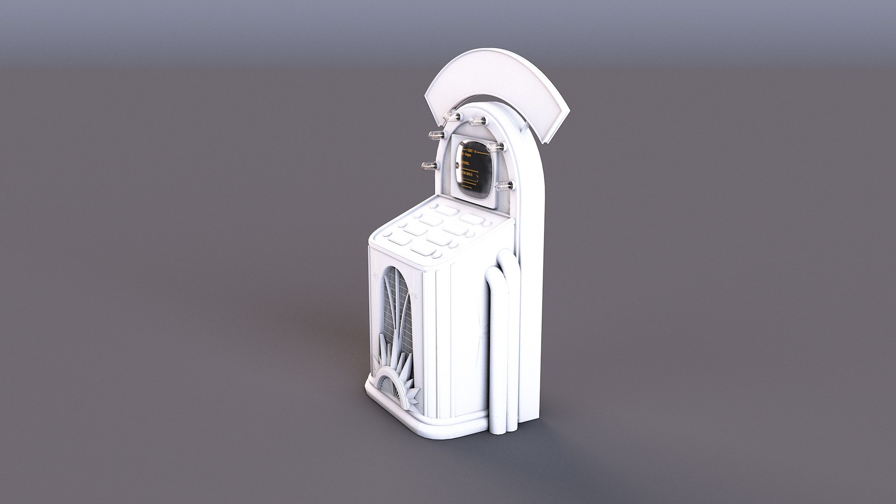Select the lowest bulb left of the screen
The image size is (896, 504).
[428, 166]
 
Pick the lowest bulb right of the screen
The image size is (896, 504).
[504, 187]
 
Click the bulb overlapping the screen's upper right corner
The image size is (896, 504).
[495, 147]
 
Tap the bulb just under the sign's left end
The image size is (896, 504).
[452, 117]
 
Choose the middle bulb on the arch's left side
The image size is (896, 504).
[435, 136]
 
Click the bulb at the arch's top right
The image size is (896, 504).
[477, 121]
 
